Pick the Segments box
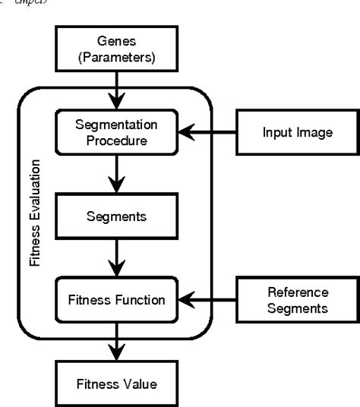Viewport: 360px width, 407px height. pyautogui.click(x=116, y=216)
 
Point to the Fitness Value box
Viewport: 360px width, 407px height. pyautogui.click(x=116, y=383)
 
